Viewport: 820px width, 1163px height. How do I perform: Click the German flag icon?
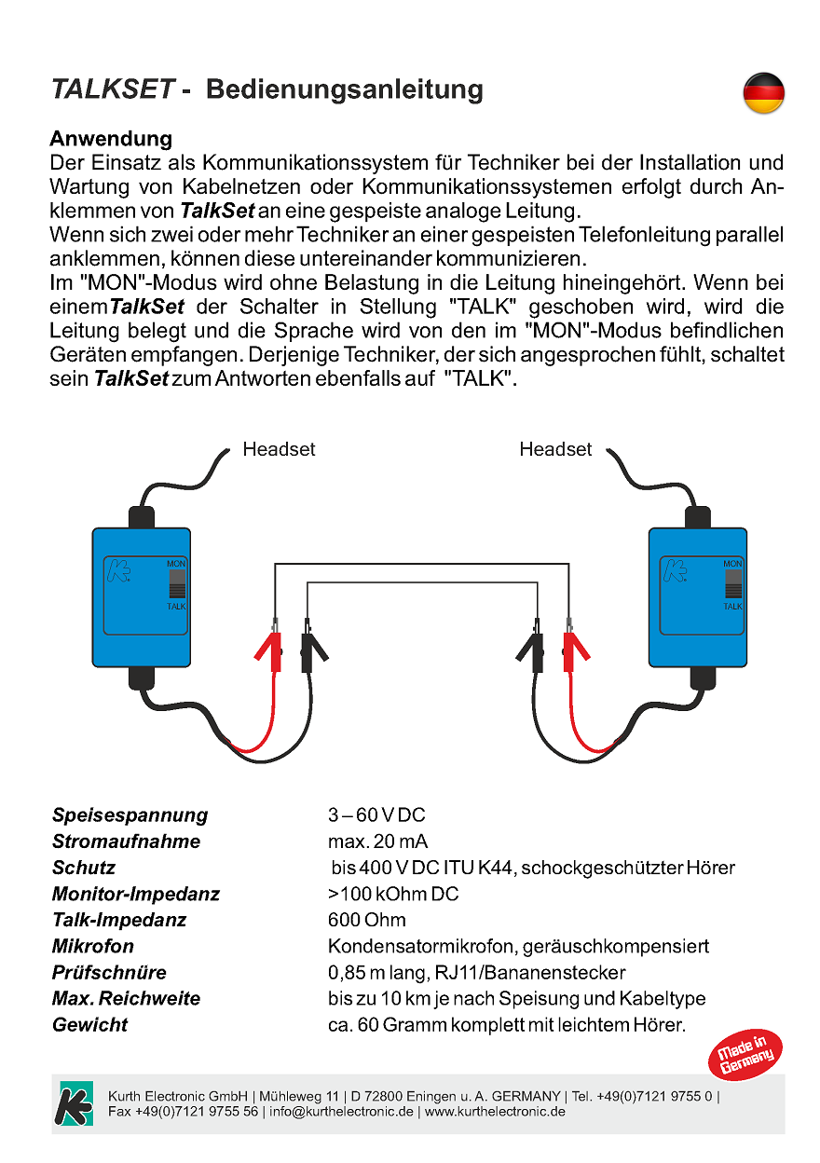pos(763,93)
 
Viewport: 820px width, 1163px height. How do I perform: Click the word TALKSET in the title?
pos(113,89)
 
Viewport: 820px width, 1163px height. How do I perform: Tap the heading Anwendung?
pos(110,139)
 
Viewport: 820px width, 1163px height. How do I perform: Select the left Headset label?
pos(279,449)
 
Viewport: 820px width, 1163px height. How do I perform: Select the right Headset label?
pos(555,449)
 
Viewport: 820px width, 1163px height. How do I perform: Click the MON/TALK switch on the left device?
pos(177,584)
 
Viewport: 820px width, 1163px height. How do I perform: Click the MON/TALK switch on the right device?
pos(733,584)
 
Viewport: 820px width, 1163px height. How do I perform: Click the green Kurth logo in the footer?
pos(75,1103)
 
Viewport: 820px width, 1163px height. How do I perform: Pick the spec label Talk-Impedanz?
pos(119,920)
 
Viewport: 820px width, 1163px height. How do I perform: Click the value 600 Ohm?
pos(367,920)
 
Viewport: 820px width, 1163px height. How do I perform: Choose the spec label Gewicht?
pos(89,1025)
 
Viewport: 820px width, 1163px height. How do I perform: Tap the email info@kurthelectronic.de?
pos(341,1112)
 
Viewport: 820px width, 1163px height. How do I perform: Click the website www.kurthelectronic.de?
pos(495,1112)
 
